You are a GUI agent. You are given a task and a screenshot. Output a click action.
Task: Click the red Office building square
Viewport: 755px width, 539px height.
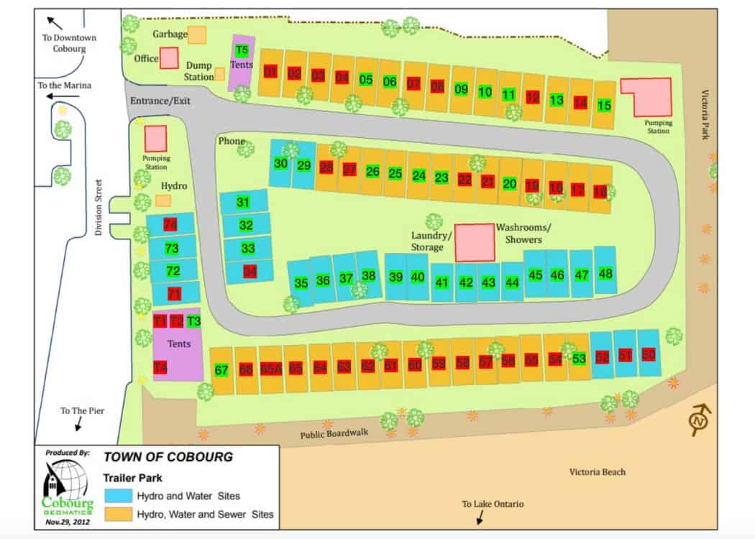click(169, 57)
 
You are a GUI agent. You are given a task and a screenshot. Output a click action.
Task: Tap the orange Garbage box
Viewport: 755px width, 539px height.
click(196, 34)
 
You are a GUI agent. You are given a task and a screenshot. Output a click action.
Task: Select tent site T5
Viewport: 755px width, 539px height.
click(242, 50)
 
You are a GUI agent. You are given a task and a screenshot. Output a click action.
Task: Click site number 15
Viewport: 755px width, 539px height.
click(605, 105)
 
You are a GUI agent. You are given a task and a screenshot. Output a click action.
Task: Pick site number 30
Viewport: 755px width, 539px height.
click(281, 163)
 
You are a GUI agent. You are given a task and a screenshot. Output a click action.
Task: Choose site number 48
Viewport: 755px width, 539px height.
click(605, 273)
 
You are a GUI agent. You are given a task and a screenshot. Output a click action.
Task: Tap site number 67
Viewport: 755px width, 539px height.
click(221, 371)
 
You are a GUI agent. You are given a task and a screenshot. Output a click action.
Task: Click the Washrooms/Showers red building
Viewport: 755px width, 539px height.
click(475, 242)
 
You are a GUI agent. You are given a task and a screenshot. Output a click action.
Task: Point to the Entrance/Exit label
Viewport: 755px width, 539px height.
click(160, 101)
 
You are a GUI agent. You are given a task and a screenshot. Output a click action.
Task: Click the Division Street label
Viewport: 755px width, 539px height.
click(99, 208)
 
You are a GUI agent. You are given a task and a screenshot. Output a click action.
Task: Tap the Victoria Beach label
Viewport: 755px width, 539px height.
click(597, 472)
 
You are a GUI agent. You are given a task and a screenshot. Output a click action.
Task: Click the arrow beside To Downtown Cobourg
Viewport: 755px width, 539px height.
click(53, 22)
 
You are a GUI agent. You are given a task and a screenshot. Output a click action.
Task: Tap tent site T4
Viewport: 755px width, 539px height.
click(160, 368)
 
